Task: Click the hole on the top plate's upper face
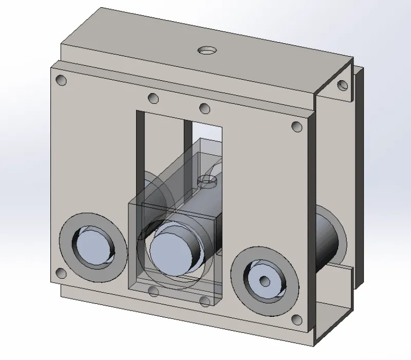pyautogui.click(x=207, y=50)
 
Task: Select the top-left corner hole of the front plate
pyautogui.click(x=62, y=80)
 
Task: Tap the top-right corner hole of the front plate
pyautogui.click(x=296, y=126)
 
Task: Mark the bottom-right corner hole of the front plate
pyautogui.click(x=296, y=320)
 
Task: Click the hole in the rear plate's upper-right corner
pyautogui.click(x=341, y=85)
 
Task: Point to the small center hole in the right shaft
pyautogui.click(x=265, y=281)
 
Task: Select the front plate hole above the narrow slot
pyautogui.click(x=204, y=109)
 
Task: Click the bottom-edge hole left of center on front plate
pyautogui.click(x=153, y=292)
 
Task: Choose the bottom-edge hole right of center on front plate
pyautogui.click(x=205, y=301)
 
